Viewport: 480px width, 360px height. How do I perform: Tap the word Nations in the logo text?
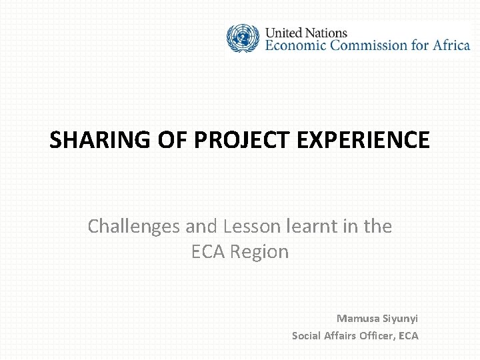327,32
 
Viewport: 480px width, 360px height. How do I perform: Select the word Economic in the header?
298,45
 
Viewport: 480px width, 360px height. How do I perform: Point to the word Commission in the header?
369,45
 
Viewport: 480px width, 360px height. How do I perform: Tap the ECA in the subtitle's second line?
208,252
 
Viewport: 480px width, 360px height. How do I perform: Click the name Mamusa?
359,318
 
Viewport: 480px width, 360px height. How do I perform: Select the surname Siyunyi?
401,318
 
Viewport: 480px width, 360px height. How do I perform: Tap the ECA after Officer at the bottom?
408,335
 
